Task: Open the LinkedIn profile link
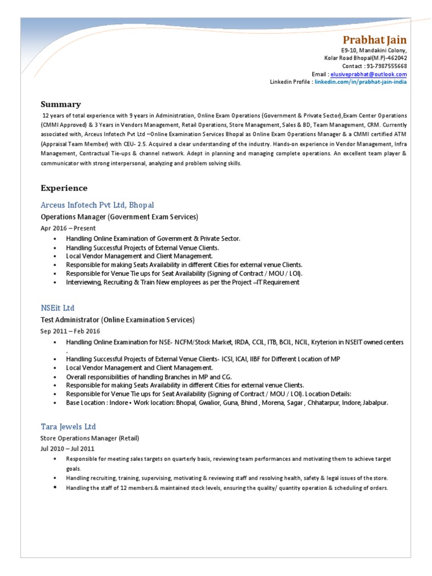(361, 82)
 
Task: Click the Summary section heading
(61, 104)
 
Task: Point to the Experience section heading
(64, 188)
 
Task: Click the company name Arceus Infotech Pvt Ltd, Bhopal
(97, 205)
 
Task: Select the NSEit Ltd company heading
(57, 308)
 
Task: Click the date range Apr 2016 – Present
(67, 228)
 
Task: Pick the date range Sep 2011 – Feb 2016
(70, 331)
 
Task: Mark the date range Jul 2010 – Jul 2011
(67, 448)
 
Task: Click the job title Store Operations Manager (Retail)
(89, 438)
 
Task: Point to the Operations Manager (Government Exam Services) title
(119, 217)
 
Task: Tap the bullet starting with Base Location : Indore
(227, 403)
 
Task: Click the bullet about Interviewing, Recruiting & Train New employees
(182, 282)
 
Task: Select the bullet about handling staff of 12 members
(227, 488)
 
